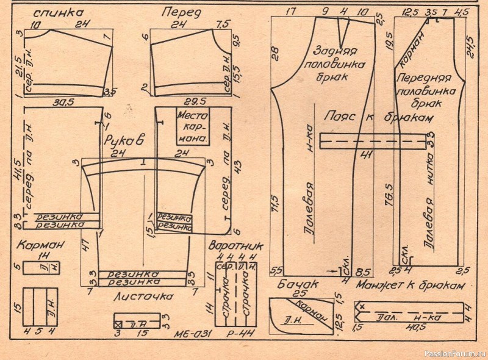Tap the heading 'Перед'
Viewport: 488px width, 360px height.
(x=178, y=12)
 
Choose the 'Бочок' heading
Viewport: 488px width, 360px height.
(x=289, y=284)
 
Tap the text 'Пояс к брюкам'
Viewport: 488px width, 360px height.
(x=379, y=117)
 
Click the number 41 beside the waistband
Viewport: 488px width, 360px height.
(x=366, y=154)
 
